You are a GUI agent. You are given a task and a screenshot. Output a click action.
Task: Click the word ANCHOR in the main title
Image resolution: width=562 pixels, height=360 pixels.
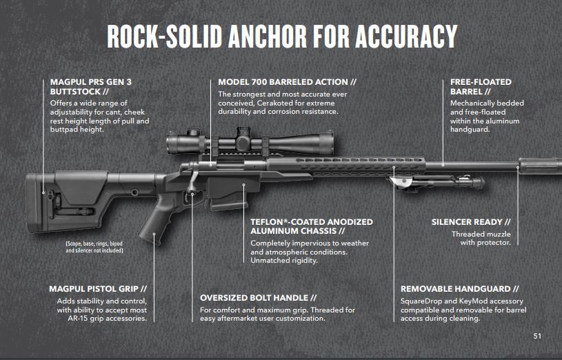point(268,37)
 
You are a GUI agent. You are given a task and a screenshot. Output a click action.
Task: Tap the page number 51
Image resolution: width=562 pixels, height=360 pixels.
point(537,336)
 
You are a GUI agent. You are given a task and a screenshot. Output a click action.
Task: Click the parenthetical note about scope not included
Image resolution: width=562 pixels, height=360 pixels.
point(94,247)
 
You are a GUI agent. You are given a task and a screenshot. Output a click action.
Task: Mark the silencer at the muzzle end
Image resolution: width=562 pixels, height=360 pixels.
point(540,166)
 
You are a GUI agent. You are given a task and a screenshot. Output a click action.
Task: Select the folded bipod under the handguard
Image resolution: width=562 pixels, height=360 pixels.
point(437,181)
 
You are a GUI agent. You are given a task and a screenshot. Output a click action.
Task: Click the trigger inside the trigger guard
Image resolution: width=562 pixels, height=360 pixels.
point(186,197)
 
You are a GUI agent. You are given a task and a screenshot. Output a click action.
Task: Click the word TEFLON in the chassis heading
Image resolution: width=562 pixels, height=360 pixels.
point(267,222)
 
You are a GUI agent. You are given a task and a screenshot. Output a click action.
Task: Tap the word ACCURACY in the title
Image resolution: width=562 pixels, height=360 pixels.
point(406,37)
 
